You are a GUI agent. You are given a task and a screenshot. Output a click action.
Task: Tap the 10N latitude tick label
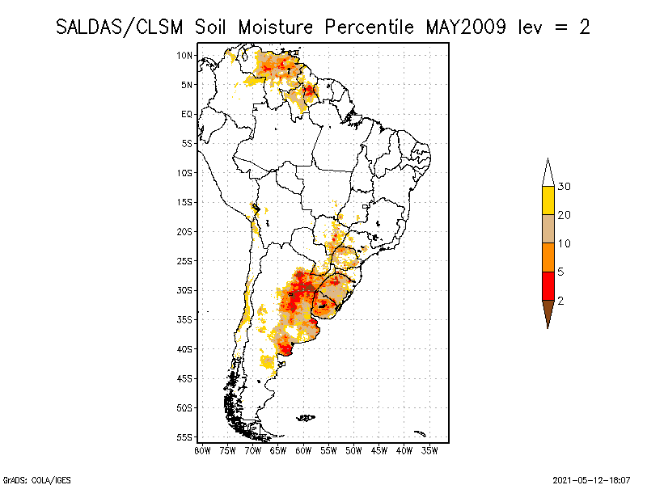point(184,55)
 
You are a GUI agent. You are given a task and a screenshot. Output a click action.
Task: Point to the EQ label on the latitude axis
point(186,114)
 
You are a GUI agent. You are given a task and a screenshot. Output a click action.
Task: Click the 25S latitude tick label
point(184,260)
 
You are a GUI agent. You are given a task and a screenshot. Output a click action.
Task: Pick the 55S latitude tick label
point(184,436)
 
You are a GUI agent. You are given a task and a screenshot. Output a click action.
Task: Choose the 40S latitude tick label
point(184,348)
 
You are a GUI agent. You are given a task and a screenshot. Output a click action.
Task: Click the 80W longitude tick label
point(203,450)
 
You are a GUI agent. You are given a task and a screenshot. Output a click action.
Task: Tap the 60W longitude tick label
point(304,450)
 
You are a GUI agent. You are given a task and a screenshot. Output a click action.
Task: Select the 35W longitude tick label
point(430,450)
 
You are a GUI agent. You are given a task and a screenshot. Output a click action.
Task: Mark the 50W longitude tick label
point(354,450)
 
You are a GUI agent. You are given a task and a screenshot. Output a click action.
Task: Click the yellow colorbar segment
point(548,200)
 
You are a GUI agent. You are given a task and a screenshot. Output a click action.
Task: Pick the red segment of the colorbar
point(548,285)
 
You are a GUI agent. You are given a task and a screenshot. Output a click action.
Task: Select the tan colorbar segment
point(548,229)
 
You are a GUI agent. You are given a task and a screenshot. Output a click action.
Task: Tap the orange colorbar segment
point(548,257)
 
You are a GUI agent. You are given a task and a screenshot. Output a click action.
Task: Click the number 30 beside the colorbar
point(565,187)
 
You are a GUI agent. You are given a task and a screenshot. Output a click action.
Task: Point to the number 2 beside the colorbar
point(561,300)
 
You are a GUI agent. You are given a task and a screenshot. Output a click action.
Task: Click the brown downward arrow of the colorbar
point(548,311)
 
